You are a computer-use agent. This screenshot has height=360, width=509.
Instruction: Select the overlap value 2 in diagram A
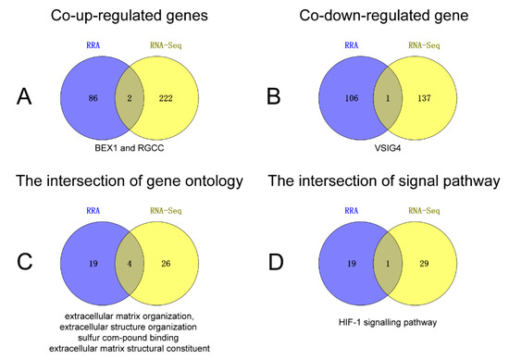coord(128,96)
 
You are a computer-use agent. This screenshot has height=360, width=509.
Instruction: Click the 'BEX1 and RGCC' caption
coord(128,147)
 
